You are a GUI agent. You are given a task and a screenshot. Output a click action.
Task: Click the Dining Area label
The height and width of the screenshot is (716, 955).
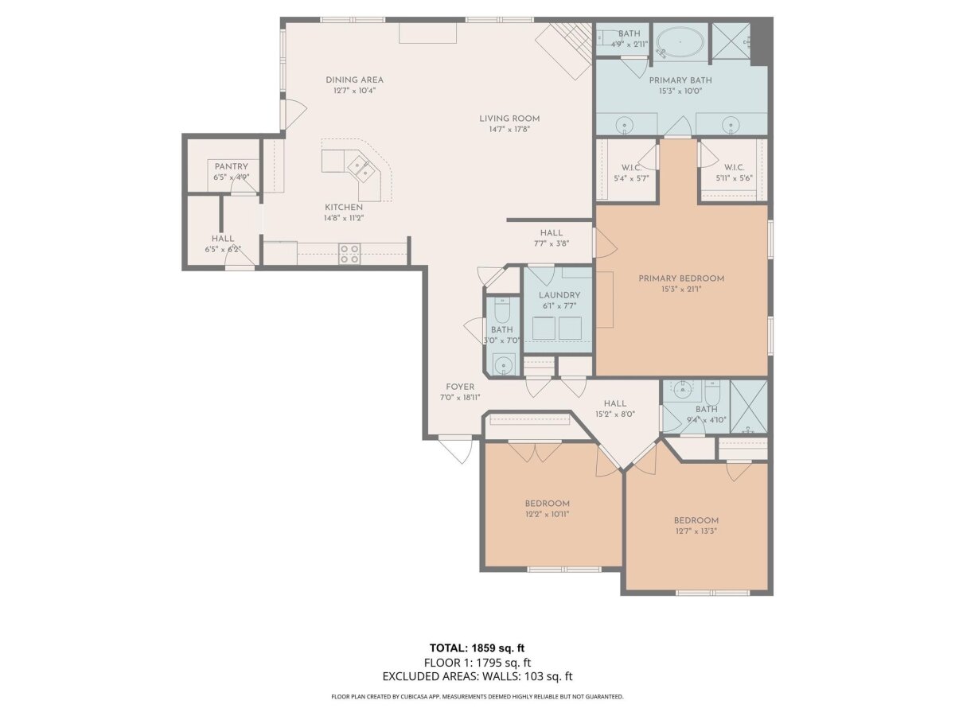tap(354, 80)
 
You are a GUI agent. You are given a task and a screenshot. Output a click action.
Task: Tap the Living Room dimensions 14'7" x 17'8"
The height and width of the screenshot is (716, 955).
tap(509, 129)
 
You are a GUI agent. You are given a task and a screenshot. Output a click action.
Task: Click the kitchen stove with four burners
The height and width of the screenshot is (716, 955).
tap(350, 254)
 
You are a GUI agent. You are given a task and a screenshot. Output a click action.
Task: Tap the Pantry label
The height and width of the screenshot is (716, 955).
tap(231, 166)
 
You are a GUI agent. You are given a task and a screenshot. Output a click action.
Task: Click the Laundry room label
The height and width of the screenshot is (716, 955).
tap(559, 295)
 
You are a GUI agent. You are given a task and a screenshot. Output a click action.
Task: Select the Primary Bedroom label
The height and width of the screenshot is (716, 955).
tap(681, 278)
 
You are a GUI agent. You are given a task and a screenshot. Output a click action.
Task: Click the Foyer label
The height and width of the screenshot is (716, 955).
tap(460, 387)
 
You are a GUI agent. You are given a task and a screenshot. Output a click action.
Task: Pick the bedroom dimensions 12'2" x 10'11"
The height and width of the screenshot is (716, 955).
tap(547, 514)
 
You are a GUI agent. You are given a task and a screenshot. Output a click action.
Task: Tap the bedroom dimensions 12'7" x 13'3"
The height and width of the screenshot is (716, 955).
tap(696, 531)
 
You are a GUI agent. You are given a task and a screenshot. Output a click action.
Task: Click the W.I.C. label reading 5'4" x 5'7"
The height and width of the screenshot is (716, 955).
tap(631, 173)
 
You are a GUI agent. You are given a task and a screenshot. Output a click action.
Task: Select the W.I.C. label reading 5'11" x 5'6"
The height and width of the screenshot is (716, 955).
tap(734, 173)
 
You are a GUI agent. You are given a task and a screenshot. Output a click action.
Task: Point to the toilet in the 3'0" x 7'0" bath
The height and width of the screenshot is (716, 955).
tap(501, 309)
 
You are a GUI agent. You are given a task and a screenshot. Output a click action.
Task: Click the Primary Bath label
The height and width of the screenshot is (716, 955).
tap(680, 80)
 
